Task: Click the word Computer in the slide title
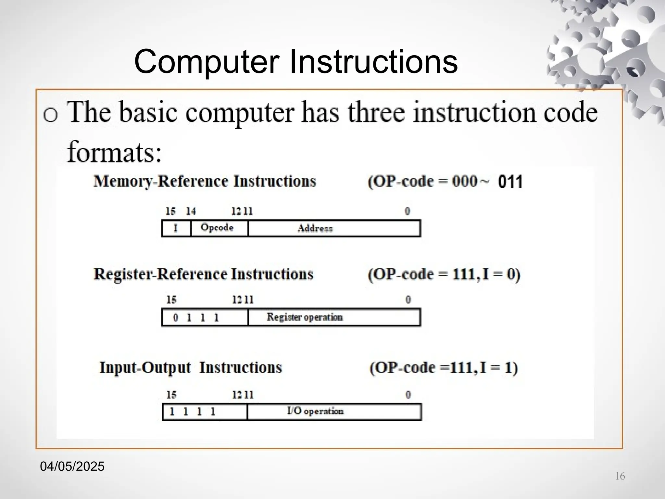[207, 62]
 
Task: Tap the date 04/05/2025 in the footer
[72, 467]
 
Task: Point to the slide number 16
[620, 476]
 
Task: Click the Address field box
[334, 228]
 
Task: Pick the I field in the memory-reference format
[176, 228]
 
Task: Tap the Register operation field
[334, 317]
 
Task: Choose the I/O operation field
[334, 412]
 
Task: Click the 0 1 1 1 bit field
[205, 317]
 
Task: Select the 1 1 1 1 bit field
[205, 412]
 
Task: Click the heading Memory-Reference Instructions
[205, 181]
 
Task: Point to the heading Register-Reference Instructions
[204, 275]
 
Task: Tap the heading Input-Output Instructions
[191, 368]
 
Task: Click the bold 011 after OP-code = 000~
[510, 182]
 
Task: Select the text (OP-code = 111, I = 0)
[444, 275]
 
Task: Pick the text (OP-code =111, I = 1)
[444, 368]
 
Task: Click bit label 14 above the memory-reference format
[191, 211]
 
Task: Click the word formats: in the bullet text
[114, 152]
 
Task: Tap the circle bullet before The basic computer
[51, 114]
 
